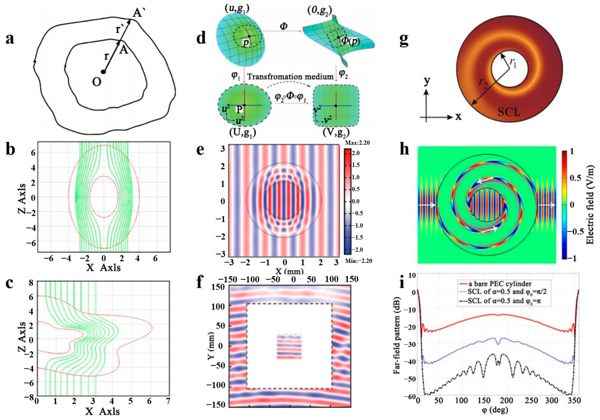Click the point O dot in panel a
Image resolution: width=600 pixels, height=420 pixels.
[x=104, y=72]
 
